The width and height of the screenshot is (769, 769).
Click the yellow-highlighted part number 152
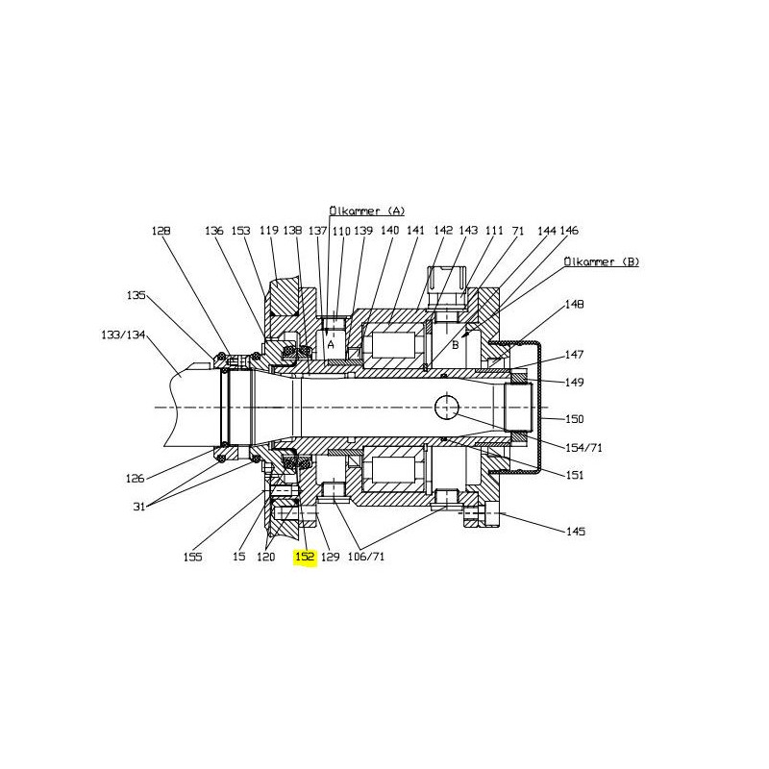point(305,557)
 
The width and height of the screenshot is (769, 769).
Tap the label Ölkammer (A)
point(367,211)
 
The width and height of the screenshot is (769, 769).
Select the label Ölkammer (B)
point(602,261)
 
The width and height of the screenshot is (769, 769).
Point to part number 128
point(161,231)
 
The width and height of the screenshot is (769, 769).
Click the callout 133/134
point(123,335)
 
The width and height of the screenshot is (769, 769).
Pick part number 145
point(576,532)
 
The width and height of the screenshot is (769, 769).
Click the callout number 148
point(574,304)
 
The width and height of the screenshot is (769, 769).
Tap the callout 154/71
point(583,447)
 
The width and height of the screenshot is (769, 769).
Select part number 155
point(192,557)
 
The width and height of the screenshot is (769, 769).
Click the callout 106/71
point(366,557)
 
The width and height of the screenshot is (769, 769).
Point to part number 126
point(135,478)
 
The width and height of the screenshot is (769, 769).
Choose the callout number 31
point(139,507)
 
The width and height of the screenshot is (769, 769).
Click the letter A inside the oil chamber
point(331,345)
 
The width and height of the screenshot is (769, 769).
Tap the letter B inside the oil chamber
point(455,345)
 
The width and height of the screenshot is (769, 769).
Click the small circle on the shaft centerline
point(447,408)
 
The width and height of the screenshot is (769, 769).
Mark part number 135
point(136,295)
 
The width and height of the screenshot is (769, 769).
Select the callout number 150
point(575,419)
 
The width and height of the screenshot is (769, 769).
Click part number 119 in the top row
point(269,230)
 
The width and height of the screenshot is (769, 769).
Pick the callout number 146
point(569,230)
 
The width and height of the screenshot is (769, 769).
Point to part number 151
point(575,475)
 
